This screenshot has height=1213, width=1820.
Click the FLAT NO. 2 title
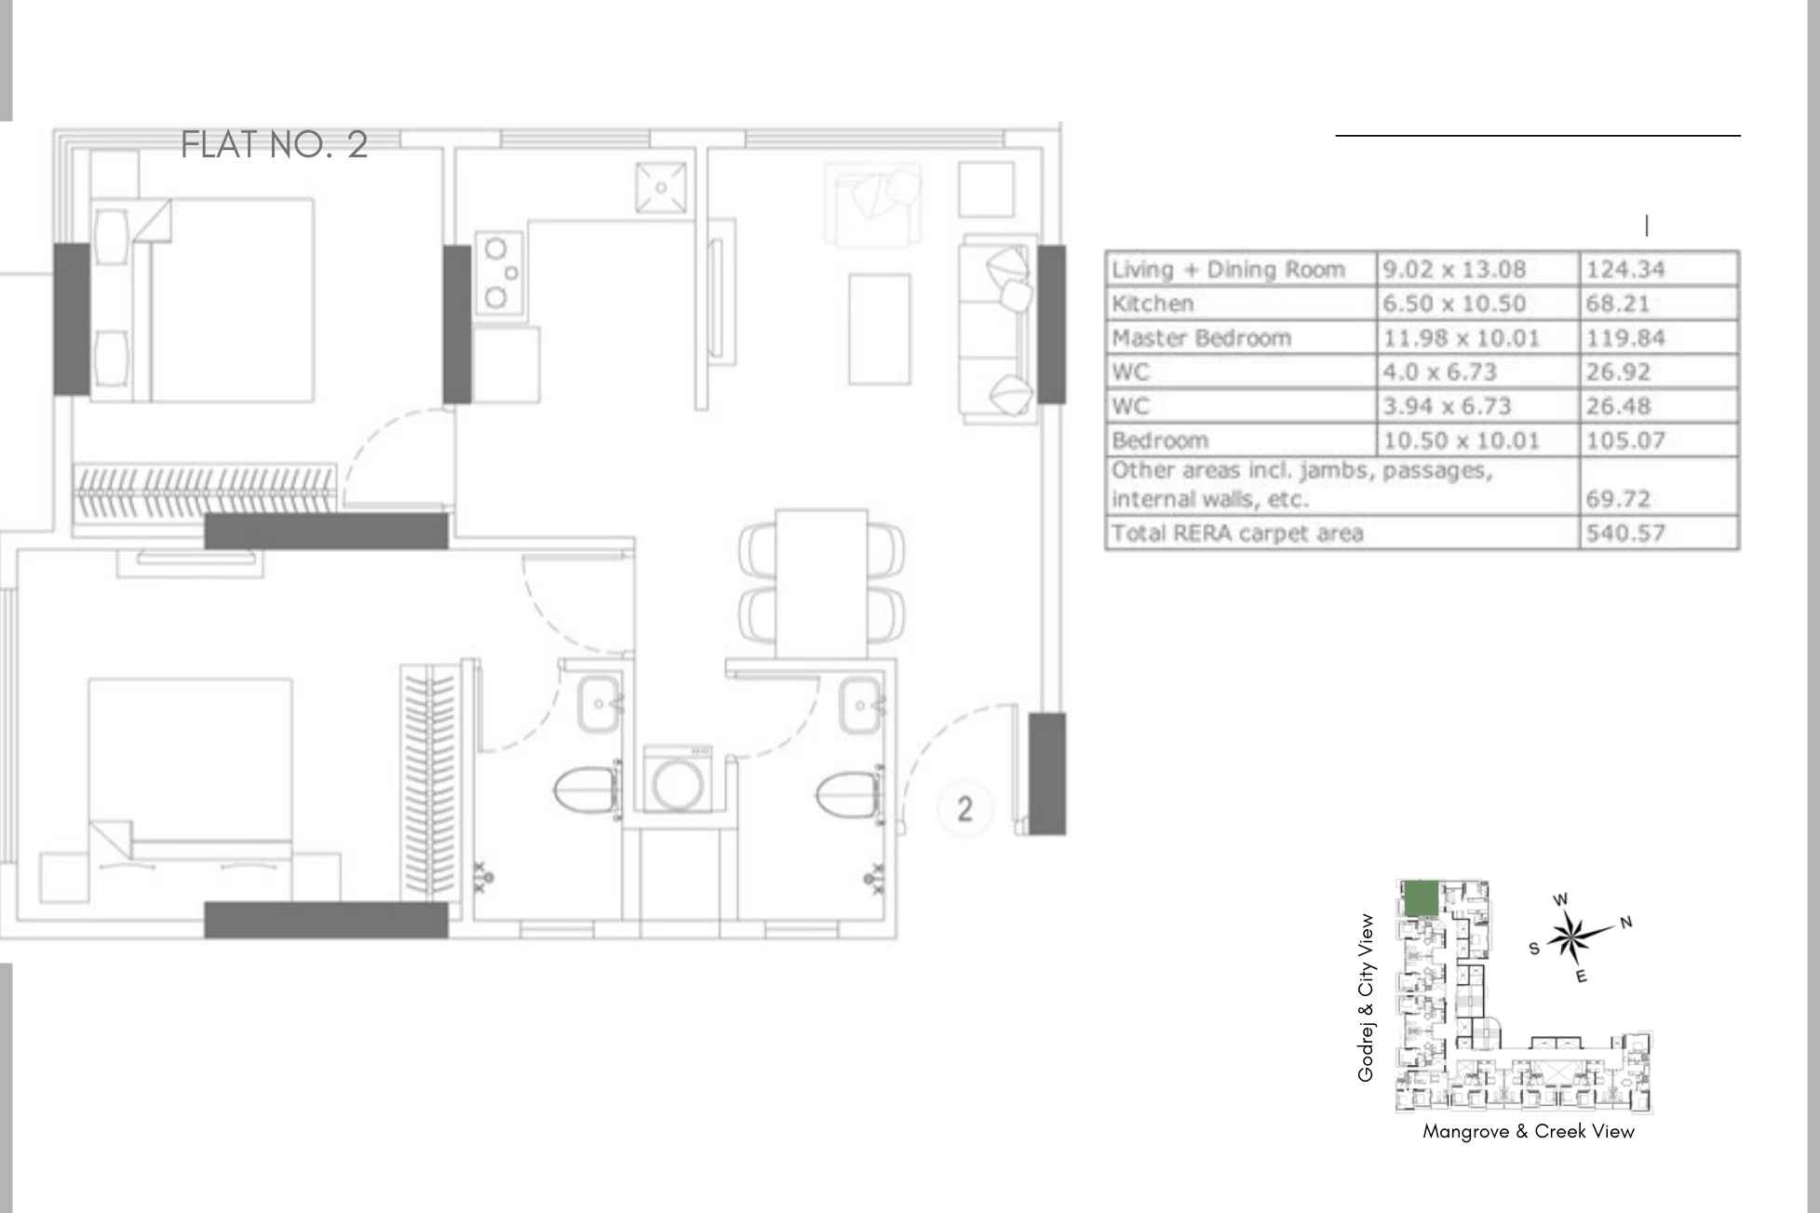[x=275, y=145]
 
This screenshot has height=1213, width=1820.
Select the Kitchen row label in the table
[x=1153, y=303]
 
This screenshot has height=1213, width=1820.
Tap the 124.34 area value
[x=1625, y=269]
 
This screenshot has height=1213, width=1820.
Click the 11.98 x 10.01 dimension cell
[x=1461, y=338]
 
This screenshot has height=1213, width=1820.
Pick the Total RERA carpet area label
[x=1237, y=533]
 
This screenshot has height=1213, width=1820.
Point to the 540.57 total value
[x=1625, y=533]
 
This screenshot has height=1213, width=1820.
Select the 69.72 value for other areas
[x=1618, y=499]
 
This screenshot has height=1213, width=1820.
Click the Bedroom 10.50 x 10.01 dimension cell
[x=1461, y=440]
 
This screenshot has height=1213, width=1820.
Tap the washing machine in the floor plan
[x=678, y=779]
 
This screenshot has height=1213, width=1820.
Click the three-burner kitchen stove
[x=498, y=274]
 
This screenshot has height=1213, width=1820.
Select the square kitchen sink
[x=661, y=187]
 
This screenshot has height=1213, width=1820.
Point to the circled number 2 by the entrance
[x=964, y=808]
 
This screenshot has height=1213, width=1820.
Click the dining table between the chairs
[x=821, y=584]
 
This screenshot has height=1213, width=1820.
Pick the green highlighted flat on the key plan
[x=1420, y=898]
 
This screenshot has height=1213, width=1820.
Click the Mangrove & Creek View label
[x=1528, y=1132]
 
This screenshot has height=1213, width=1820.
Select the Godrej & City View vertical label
[x=1366, y=998]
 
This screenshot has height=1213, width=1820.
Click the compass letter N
[x=1626, y=922]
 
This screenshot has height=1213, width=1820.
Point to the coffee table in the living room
[x=879, y=329]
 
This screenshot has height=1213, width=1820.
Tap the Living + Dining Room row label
[x=1228, y=269]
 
